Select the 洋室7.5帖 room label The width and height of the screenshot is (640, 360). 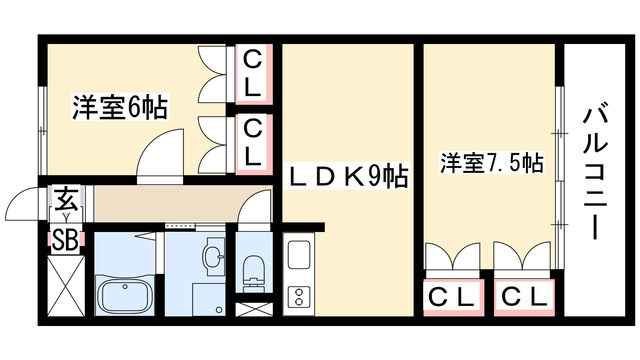[490, 163]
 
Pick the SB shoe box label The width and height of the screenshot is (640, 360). [65, 240]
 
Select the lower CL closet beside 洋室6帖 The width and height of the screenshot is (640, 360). [253, 140]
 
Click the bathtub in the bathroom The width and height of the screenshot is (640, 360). [124, 297]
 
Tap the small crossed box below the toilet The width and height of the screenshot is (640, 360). [253, 309]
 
